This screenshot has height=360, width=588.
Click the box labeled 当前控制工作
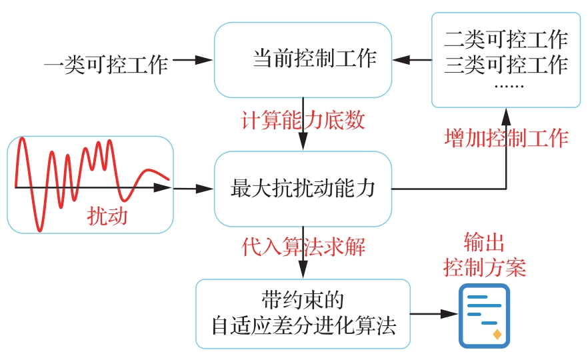pos(303,59)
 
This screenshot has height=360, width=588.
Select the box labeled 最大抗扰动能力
pos(303,189)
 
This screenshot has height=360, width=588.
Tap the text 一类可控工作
pos(105,65)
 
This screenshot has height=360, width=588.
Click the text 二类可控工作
pos(505,39)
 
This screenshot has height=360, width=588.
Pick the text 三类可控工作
pos(505,65)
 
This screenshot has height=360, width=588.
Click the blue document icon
pos(484,315)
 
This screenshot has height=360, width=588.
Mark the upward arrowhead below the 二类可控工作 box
pos(506,114)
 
